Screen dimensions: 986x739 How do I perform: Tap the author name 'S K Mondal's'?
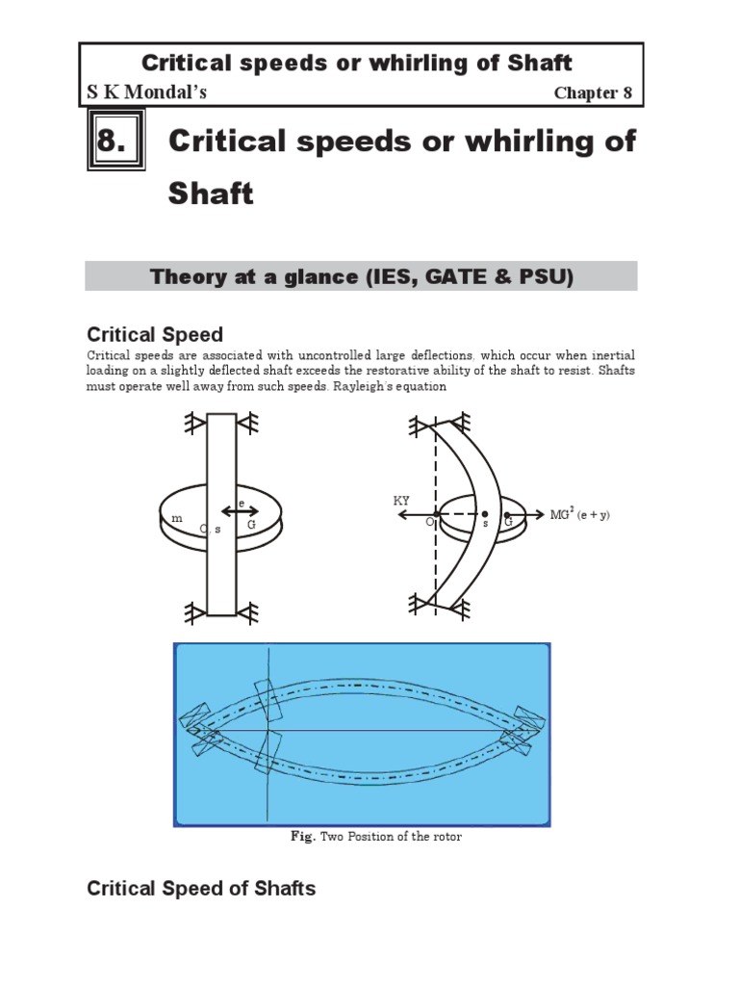coord(145,92)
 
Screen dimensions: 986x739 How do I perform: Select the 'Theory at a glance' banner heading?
coord(361,276)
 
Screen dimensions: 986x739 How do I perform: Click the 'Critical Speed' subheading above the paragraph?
coord(155,334)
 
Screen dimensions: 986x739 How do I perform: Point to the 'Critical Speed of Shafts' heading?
coord(201,888)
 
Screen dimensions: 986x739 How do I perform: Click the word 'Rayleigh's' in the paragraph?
coord(339,386)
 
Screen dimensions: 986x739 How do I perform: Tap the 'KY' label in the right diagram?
coord(401,501)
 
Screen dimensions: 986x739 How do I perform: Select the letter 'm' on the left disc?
coord(175,519)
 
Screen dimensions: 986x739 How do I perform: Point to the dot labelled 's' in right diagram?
coord(484,515)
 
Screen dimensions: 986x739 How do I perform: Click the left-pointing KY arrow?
coord(409,515)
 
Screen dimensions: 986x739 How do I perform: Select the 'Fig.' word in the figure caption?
coord(303,837)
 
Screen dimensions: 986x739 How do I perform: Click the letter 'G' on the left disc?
coord(251,527)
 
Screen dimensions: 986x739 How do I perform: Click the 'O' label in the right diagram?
coord(429,521)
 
